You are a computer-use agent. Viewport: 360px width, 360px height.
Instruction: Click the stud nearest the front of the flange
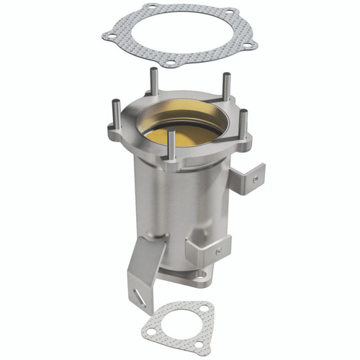171,145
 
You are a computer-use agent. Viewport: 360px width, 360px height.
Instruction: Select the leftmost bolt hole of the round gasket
109,32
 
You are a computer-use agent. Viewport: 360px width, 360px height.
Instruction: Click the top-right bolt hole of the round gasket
230,14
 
